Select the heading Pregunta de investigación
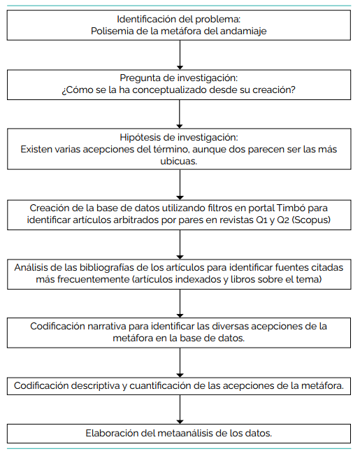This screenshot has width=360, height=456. tap(179, 78)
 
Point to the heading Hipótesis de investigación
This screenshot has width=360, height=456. tap(179, 137)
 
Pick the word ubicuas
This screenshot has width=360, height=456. tap(179, 161)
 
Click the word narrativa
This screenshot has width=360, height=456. tap(107, 327)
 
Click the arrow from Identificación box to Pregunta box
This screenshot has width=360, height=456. tap(180, 55)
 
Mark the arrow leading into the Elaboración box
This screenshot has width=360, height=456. tap(180, 409)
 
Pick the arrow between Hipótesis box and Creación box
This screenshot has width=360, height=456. tap(180, 185)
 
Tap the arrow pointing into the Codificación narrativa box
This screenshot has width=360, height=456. tap(180, 304)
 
